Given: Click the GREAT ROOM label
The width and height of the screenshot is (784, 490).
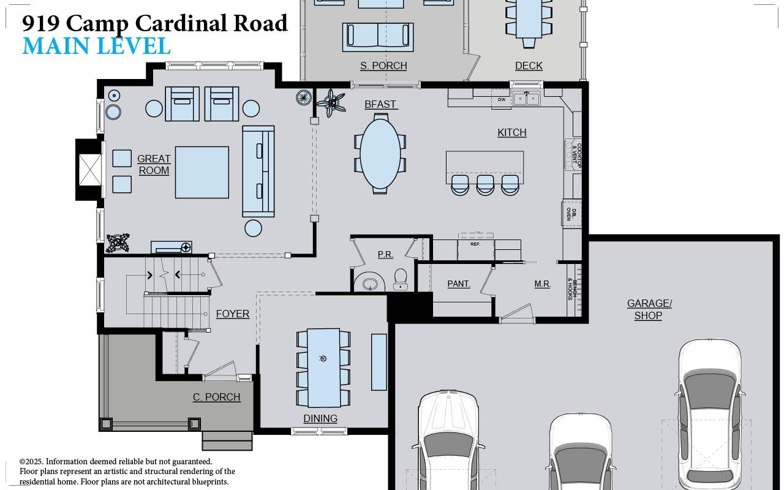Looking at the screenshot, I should pos(154,165).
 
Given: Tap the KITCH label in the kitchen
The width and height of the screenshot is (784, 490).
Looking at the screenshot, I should pos(511,132).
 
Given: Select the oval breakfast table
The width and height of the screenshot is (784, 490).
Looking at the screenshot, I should pos(380,154).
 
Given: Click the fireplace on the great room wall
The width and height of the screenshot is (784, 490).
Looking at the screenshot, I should pos(89,169).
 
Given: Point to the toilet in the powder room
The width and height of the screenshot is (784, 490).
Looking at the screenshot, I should pos(401,278).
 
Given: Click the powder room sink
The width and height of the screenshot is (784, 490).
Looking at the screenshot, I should pos(370,284).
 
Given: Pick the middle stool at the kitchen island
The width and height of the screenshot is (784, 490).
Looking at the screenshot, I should pos(485,184).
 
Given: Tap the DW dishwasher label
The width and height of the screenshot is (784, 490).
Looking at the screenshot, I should pos(501,99).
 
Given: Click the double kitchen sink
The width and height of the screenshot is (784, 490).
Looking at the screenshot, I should pos(526,99).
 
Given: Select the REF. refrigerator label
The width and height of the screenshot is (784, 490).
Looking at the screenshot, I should pos(475,244).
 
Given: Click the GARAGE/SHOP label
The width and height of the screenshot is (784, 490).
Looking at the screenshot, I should pos(649,309).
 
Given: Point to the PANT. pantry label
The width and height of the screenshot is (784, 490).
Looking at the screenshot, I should pos(459,284).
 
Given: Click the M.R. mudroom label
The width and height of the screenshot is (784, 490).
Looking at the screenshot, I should pos(542,284).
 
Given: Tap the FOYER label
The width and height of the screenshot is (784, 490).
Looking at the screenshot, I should pos(232,314).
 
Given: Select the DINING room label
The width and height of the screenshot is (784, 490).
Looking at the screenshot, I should pos(320,418).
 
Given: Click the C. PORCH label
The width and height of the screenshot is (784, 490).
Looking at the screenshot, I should pos(217,397).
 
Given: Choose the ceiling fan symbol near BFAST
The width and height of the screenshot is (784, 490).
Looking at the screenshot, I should pos(331,102).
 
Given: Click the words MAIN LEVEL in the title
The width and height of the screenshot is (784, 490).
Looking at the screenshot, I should pos(96,47).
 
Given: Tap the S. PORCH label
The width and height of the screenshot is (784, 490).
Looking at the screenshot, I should pos(383,66).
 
